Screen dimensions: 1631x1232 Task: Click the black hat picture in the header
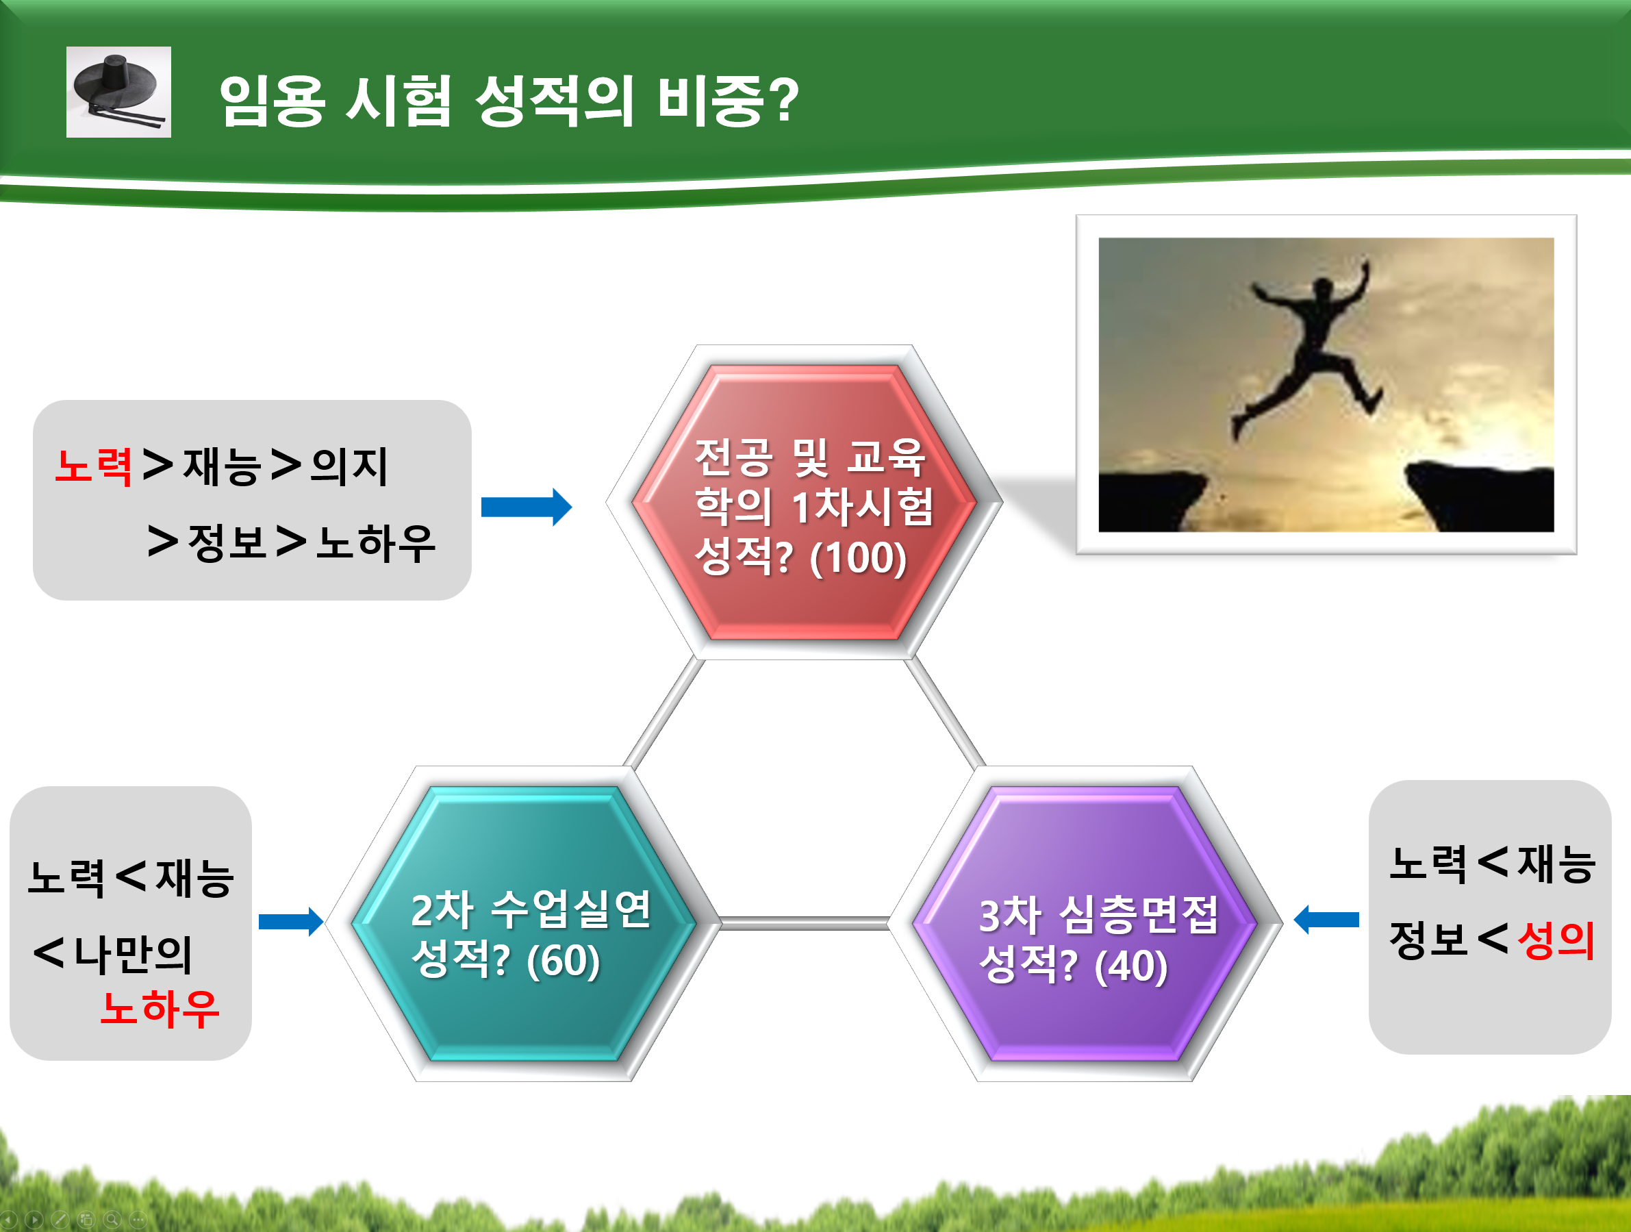pos(118,92)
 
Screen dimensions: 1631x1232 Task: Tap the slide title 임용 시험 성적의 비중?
pos(509,101)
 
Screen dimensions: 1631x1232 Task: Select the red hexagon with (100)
pos(804,502)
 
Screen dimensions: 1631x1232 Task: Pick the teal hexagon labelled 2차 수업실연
pos(524,924)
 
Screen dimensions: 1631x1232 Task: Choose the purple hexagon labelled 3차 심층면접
pos(1085,924)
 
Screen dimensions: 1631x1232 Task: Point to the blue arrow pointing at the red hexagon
pos(527,507)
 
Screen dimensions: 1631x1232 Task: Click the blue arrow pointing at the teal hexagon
pos(291,922)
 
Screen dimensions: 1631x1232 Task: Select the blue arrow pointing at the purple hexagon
pos(1326,920)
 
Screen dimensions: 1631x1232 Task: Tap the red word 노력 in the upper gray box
pos(94,466)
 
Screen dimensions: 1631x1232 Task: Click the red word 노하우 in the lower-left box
pos(160,1008)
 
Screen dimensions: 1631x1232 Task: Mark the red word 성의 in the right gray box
pos(1556,940)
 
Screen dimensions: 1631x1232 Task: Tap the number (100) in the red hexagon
pos(858,557)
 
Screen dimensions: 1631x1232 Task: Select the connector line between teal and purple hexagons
pos(805,923)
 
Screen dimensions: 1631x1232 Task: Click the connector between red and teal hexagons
pos(663,712)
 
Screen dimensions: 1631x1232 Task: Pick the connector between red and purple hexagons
pos(944,712)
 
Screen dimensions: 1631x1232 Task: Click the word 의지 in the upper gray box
pos(349,466)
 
